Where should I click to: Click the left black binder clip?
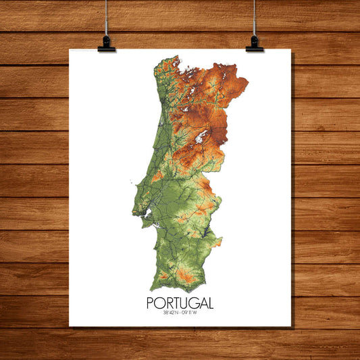(x=106, y=44)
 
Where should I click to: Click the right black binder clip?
(x=255, y=44)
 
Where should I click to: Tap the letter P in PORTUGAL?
(x=151, y=304)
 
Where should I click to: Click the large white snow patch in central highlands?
(x=199, y=137)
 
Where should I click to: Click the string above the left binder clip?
(x=106, y=17)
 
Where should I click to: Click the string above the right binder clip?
(x=255, y=17)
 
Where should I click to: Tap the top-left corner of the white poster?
(x=70, y=49)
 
